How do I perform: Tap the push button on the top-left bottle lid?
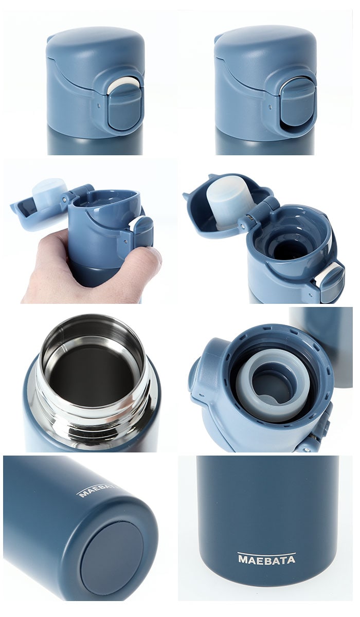125,107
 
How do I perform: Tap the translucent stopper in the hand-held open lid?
49,189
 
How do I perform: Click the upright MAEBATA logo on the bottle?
266,559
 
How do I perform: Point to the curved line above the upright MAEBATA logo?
266,553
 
